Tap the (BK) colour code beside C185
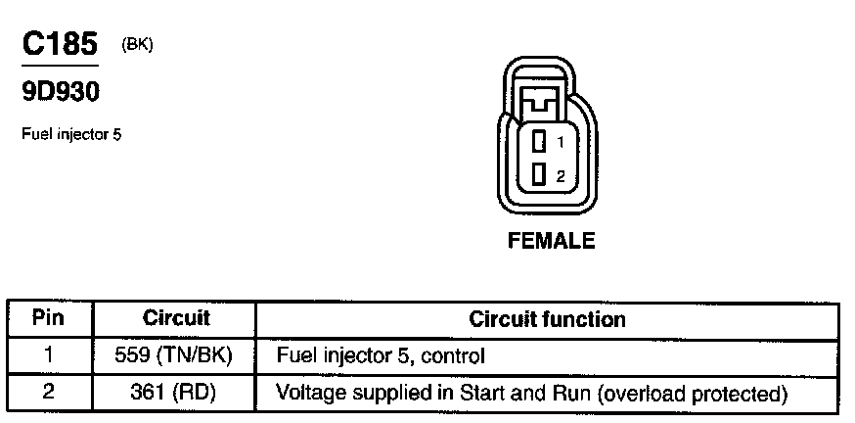coord(138,44)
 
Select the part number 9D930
coord(60,91)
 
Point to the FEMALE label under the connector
coord(551,241)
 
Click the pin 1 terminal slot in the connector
coord(538,141)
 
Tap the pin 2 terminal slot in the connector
coord(538,175)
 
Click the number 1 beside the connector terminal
coord(560,142)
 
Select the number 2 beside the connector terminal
coord(560,176)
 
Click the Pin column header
coord(48,319)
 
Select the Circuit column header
coord(176,319)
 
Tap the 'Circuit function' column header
coord(547,319)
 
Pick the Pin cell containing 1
coord(48,355)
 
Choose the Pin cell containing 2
coord(48,394)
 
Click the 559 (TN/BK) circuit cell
coord(176,355)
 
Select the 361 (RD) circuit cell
coord(176,394)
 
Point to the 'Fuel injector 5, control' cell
coord(381,355)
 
